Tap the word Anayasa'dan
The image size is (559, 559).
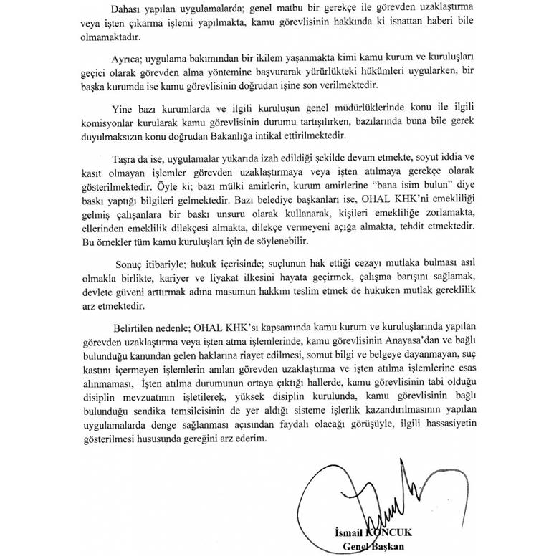388,340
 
